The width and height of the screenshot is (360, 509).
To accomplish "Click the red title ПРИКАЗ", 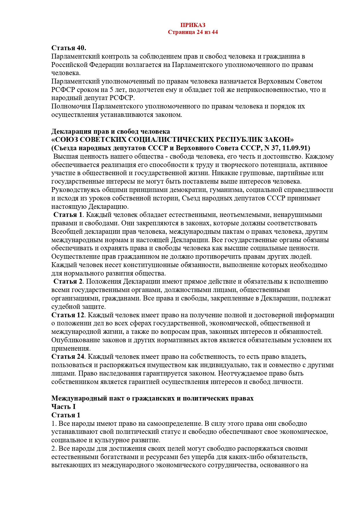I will [193, 25].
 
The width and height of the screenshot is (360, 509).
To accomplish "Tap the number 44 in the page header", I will [214, 32].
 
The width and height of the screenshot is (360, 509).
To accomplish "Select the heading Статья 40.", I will [69, 48].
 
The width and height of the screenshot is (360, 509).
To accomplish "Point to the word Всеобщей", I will [67, 231].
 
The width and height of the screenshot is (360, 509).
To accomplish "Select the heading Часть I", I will [63, 407].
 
